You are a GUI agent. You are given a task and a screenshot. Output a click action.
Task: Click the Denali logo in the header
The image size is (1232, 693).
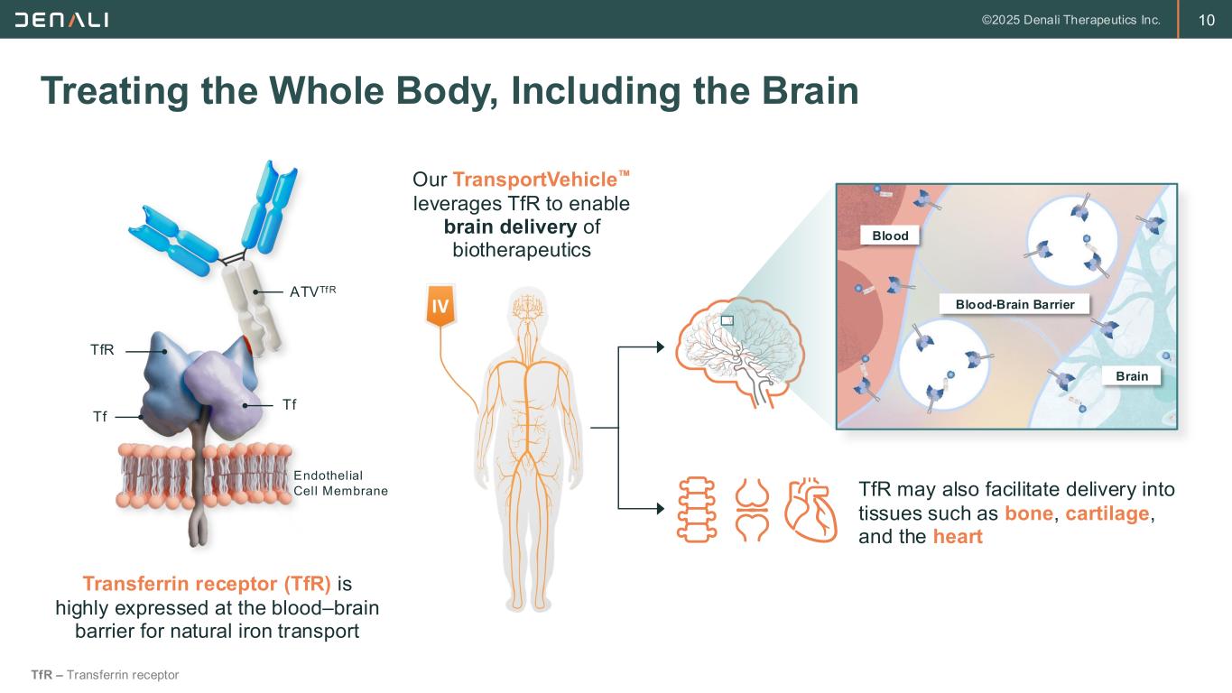(x=61, y=20)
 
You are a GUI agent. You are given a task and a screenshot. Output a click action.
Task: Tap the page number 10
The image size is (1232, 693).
(x=1206, y=21)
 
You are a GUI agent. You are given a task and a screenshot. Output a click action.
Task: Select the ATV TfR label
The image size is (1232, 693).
(x=312, y=291)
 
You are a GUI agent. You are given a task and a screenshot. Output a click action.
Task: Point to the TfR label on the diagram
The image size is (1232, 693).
(x=102, y=350)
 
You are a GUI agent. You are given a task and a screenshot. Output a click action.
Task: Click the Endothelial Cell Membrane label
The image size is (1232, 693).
(x=340, y=483)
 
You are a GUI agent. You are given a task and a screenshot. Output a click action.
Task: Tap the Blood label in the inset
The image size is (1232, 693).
(x=890, y=236)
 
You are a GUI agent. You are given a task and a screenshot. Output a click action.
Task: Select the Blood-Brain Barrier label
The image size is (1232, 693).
(x=1014, y=304)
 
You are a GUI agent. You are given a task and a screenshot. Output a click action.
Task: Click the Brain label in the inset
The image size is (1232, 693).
(x=1132, y=376)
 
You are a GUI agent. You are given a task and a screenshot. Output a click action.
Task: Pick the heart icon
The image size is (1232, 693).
(x=811, y=510)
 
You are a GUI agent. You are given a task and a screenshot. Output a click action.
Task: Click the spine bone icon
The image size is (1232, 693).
(x=696, y=510)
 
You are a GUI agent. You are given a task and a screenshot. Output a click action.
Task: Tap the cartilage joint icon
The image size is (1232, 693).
(x=752, y=510)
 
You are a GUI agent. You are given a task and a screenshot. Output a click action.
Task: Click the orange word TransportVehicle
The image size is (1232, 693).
(x=534, y=180)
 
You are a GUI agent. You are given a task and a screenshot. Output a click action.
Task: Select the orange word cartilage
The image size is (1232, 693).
(x=1107, y=513)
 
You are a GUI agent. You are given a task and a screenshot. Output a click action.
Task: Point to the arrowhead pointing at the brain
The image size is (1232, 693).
(x=661, y=347)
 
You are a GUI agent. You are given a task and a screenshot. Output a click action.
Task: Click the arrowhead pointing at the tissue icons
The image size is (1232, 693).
(x=661, y=509)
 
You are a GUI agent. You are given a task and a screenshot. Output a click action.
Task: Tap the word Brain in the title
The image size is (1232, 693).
(x=811, y=91)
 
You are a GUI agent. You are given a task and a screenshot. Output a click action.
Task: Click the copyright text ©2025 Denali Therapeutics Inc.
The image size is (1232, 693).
(x=1070, y=21)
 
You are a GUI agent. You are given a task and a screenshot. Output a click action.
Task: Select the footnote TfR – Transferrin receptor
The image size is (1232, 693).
(x=105, y=675)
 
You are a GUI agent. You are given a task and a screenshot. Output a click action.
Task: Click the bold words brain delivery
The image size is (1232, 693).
(x=511, y=226)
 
